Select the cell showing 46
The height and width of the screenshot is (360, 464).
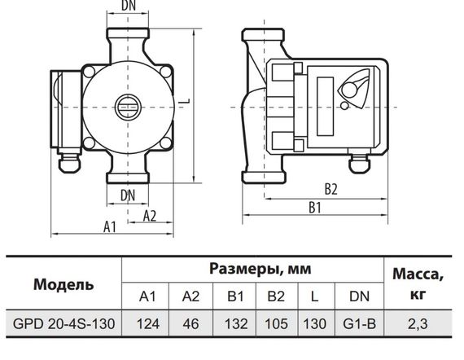tap(191, 323)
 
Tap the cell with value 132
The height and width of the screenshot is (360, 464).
tap(235, 323)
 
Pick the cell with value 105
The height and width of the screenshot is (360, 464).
tap(278, 323)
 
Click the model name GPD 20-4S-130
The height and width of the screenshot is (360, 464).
tap(63, 323)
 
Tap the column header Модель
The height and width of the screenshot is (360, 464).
tap(63, 284)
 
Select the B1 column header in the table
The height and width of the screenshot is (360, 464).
tap(235, 295)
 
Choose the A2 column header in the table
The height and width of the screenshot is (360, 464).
tap(191, 295)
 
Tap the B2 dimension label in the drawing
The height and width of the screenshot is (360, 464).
tap(330, 189)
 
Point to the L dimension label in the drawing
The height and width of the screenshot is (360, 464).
tap(186, 100)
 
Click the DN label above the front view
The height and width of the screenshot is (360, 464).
tap(128, 6)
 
